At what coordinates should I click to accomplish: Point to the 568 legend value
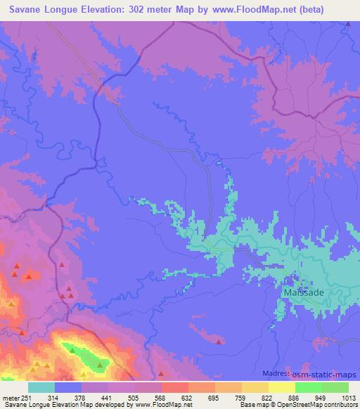click(161, 397)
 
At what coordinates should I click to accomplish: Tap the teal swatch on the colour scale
click(41, 387)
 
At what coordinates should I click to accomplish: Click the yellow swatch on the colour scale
click(282, 387)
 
